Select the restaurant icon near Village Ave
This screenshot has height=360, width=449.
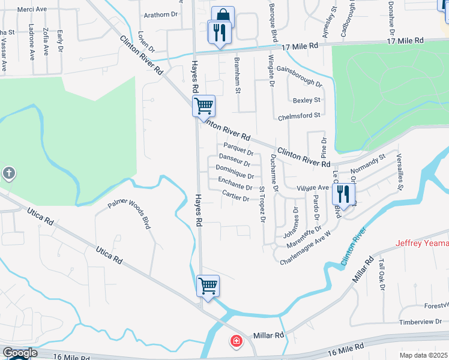coord(343,193)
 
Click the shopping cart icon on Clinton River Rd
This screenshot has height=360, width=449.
coord(203,106)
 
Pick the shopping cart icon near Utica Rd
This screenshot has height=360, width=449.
coord(207,286)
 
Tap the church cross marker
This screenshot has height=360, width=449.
coord(9,174)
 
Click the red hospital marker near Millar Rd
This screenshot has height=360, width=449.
coord(237,341)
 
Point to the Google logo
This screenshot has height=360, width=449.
coord(20,353)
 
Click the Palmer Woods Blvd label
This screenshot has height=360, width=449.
coord(128,214)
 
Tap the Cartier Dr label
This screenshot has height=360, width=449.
coord(235,197)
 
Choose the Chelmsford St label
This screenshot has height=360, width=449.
coord(301,115)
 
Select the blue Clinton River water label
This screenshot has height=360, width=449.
coord(354,247)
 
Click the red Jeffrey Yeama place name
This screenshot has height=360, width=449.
coord(422,243)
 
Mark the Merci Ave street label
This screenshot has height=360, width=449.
coord(32,10)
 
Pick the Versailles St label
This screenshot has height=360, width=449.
coord(399,172)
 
